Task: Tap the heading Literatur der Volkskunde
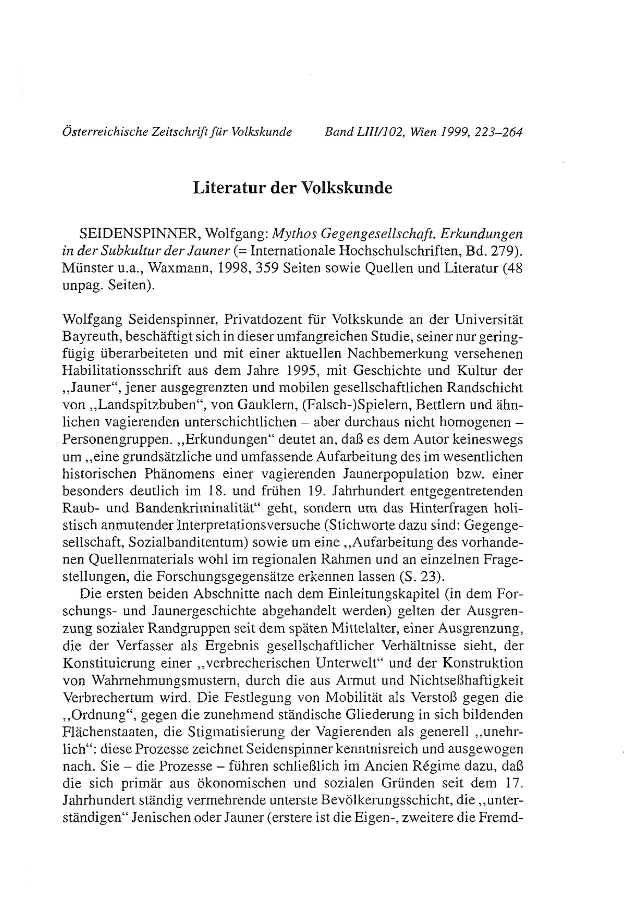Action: point(293,188)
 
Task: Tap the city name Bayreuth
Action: point(90,337)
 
